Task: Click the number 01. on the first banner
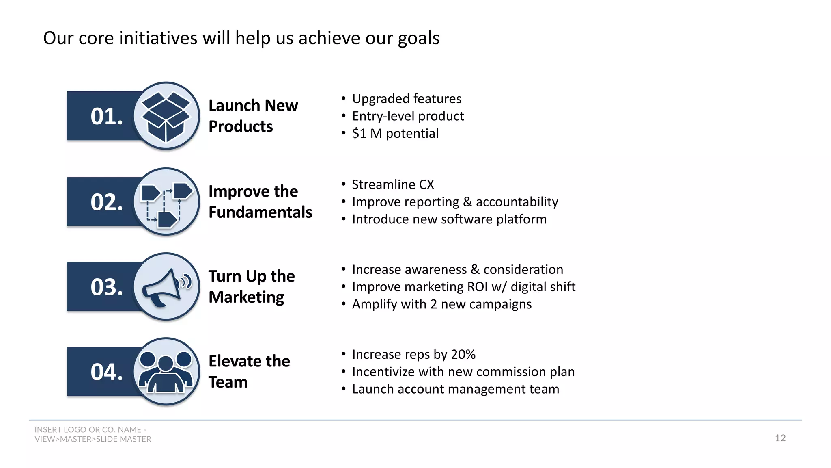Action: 107,116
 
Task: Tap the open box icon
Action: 166,116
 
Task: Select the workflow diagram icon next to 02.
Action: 166,202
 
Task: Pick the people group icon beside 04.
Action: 166,371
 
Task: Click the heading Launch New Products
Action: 253,116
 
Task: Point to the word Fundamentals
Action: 260,212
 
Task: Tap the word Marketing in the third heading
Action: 246,297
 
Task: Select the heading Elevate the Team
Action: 249,371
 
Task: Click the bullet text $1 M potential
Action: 395,134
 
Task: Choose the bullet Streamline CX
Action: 393,184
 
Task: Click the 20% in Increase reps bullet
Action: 463,354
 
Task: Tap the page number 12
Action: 780,438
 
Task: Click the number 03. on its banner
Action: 107,287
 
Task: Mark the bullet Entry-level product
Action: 407,116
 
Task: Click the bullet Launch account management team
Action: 455,389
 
